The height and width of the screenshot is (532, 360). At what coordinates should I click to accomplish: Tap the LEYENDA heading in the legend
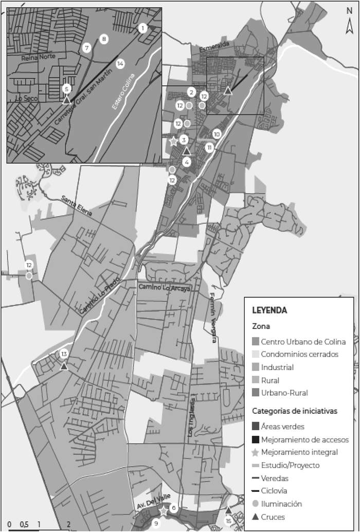click(x=269, y=310)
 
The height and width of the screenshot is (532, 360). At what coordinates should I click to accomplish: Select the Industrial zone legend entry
click(x=277, y=368)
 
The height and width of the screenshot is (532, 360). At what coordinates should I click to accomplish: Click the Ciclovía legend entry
click(x=274, y=491)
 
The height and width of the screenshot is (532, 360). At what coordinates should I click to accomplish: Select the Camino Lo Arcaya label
click(x=164, y=289)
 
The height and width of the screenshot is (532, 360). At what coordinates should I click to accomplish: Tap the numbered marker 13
click(x=64, y=354)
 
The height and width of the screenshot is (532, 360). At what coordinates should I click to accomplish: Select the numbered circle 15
click(x=228, y=521)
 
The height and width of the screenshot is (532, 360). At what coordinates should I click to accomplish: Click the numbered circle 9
click(x=156, y=524)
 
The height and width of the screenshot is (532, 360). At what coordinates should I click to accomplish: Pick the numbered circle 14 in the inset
click(x=120, y=64)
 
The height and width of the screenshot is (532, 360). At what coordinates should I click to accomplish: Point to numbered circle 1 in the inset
click(x=142, y=28)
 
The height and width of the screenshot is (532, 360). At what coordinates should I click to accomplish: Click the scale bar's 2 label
click(x=68, y=524)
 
